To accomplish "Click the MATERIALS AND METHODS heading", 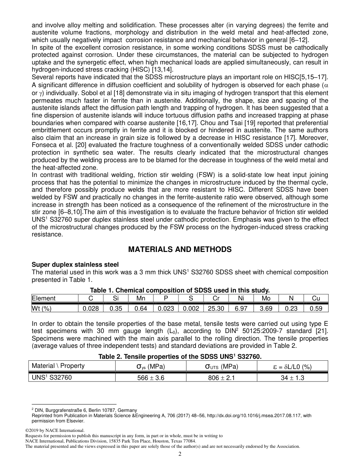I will click(180, 249).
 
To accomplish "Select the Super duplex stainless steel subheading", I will click(75, 264).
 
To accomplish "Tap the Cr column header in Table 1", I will click(216, 298).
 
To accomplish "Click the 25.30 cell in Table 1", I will click(216, 308).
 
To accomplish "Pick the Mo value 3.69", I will click(266, 308).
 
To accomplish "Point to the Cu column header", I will click(316, 298).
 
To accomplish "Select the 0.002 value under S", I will click(191, 308).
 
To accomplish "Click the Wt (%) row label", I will click(41, 308).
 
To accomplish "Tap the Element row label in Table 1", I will click(44, 298).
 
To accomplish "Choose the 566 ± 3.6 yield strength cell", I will click(150, 377).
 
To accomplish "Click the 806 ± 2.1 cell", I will click(221, 377).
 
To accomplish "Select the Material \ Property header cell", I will click(58, 366).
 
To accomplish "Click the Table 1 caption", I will click(180, 290).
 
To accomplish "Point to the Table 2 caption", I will click(180, 357).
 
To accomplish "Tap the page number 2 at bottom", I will click(180, 454).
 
